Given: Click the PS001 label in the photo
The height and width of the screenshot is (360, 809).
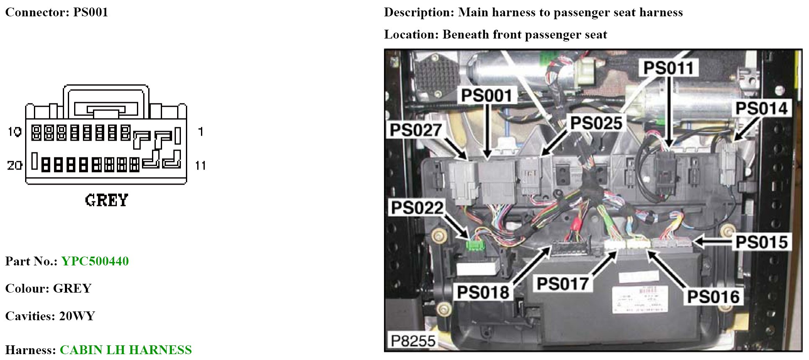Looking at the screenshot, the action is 487,96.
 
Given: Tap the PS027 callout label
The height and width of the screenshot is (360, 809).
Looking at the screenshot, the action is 415,130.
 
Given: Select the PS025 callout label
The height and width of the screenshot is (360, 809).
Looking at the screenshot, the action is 596,123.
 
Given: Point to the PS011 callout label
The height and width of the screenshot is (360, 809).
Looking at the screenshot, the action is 668,68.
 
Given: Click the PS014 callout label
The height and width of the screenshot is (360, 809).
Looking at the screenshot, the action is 762,108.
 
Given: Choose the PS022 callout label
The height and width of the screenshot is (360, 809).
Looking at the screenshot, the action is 417,208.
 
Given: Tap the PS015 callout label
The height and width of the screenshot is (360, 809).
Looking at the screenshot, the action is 762,242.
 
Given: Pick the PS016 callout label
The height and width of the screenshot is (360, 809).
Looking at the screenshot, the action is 713,297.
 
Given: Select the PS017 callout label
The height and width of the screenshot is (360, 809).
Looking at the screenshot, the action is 563,284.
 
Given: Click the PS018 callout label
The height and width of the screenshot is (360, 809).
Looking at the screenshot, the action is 483,292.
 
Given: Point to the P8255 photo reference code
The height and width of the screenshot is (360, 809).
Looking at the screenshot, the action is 413,341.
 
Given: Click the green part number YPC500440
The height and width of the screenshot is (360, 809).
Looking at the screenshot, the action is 95,261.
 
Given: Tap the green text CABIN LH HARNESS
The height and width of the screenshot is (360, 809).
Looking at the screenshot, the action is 126,350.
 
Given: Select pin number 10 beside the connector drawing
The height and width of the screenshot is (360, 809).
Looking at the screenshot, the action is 14,132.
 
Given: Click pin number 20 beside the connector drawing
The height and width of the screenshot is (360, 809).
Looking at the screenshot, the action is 14,166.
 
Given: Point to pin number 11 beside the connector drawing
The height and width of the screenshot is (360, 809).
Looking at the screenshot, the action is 201,166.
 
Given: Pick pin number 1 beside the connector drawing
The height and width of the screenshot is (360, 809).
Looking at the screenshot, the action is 201,132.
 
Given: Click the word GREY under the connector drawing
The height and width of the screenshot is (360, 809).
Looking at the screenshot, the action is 106,201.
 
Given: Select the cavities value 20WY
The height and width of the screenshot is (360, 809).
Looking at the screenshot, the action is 77,316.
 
